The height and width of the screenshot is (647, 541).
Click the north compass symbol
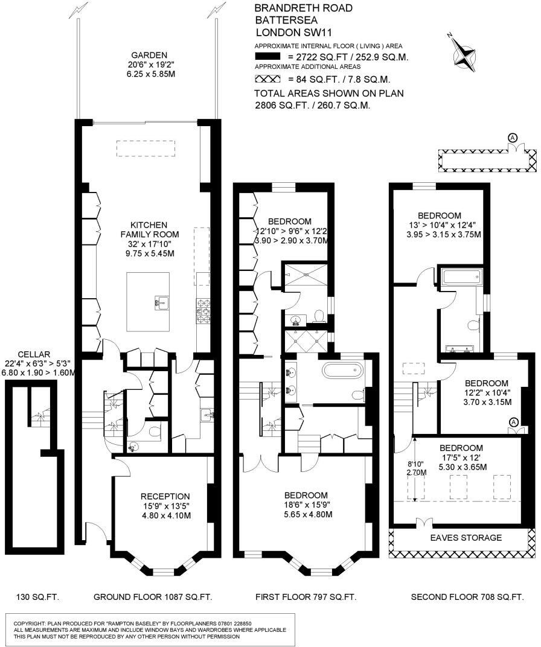tap(464, 51)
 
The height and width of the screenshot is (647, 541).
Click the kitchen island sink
tap(161, 301)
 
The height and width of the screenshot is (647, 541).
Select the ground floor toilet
tap(154, 431)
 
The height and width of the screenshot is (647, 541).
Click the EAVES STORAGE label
tap(466, 537)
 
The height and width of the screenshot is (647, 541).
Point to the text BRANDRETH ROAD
tap(295, 8)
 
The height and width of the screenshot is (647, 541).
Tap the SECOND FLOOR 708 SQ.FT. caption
tap(467, 597)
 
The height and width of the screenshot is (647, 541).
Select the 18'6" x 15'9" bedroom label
tap(306, 505)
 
